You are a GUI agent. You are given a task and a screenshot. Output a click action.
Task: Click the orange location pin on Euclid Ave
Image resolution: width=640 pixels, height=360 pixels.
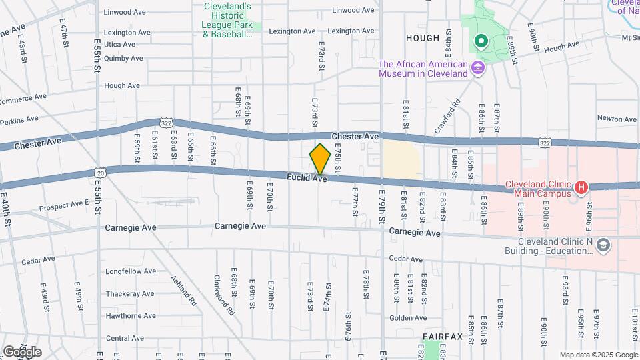pos(320,159)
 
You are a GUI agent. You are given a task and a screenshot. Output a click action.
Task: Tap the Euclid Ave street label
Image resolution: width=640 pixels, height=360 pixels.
pos(307,178)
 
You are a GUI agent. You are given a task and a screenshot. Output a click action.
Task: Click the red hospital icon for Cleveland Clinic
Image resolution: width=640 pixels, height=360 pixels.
pos(581,189)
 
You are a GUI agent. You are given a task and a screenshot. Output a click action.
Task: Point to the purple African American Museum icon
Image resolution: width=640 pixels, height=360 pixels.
pos(477,68)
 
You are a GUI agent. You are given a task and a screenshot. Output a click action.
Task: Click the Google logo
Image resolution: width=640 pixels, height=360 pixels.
pos(22,351)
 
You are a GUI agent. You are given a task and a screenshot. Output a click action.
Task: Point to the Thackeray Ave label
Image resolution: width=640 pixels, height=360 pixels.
pos(129,293)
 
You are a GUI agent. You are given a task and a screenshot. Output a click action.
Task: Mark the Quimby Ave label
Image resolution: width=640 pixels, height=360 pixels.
pos(123,58)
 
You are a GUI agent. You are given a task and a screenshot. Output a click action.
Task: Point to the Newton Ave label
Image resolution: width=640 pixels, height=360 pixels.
pos(617,119)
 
